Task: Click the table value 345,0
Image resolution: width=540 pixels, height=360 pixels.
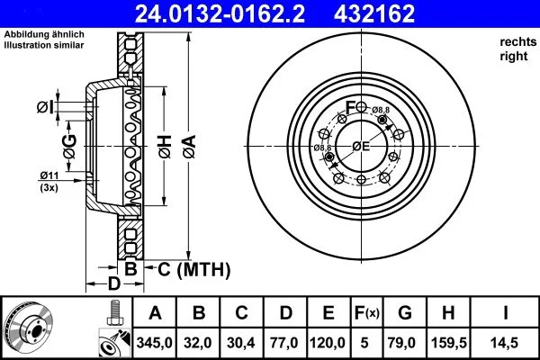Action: click(x=156, y=341)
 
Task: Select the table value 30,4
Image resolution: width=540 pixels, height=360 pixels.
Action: click(x=241, y=341)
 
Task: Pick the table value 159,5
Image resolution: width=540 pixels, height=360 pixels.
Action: click(x=446, y=341)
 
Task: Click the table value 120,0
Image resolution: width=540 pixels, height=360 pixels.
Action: click(x=328, y=341)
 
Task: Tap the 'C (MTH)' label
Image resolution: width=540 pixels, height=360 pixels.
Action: click(x=194, y=269)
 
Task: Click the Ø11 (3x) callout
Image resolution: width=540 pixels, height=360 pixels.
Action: click(x=49, y=180)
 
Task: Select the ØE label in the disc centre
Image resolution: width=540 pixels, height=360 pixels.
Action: click(x=361, y=146)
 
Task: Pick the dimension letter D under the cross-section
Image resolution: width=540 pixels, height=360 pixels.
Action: click(x=113, y=285)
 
